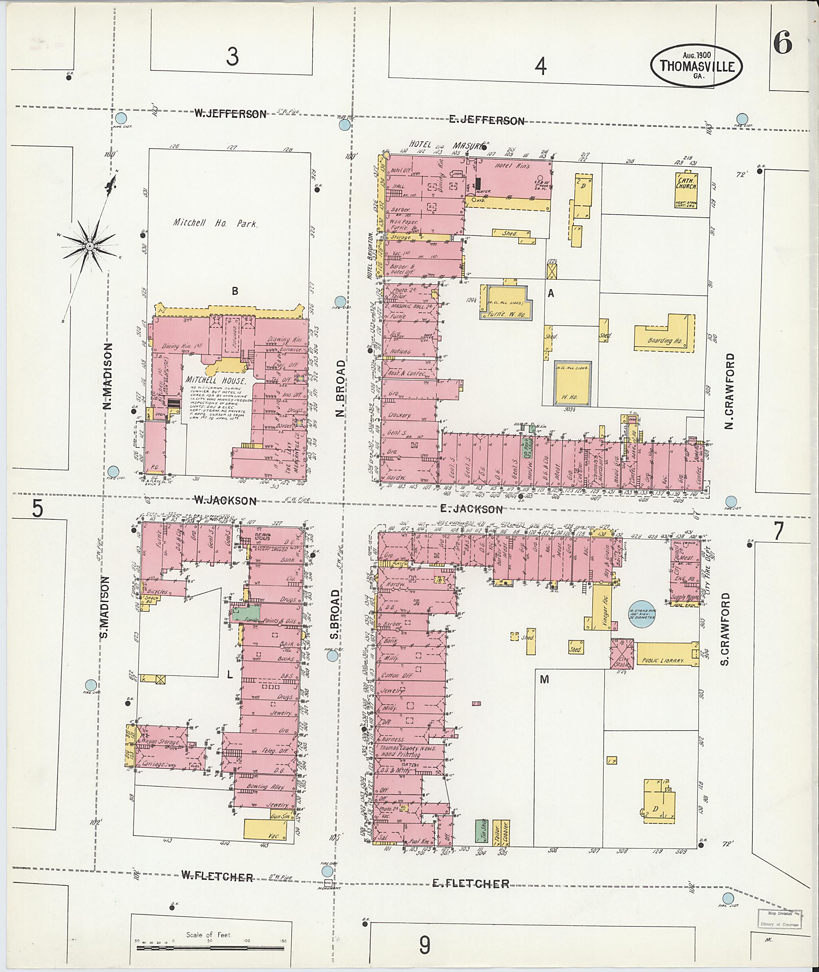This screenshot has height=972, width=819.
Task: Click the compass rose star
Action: (89, 245)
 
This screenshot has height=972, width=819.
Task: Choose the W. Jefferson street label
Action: (230, 114)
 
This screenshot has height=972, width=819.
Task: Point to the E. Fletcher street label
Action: (470, 883)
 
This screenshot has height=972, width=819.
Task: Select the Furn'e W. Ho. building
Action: (505, 303)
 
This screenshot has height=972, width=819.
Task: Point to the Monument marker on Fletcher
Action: (328, 883)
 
